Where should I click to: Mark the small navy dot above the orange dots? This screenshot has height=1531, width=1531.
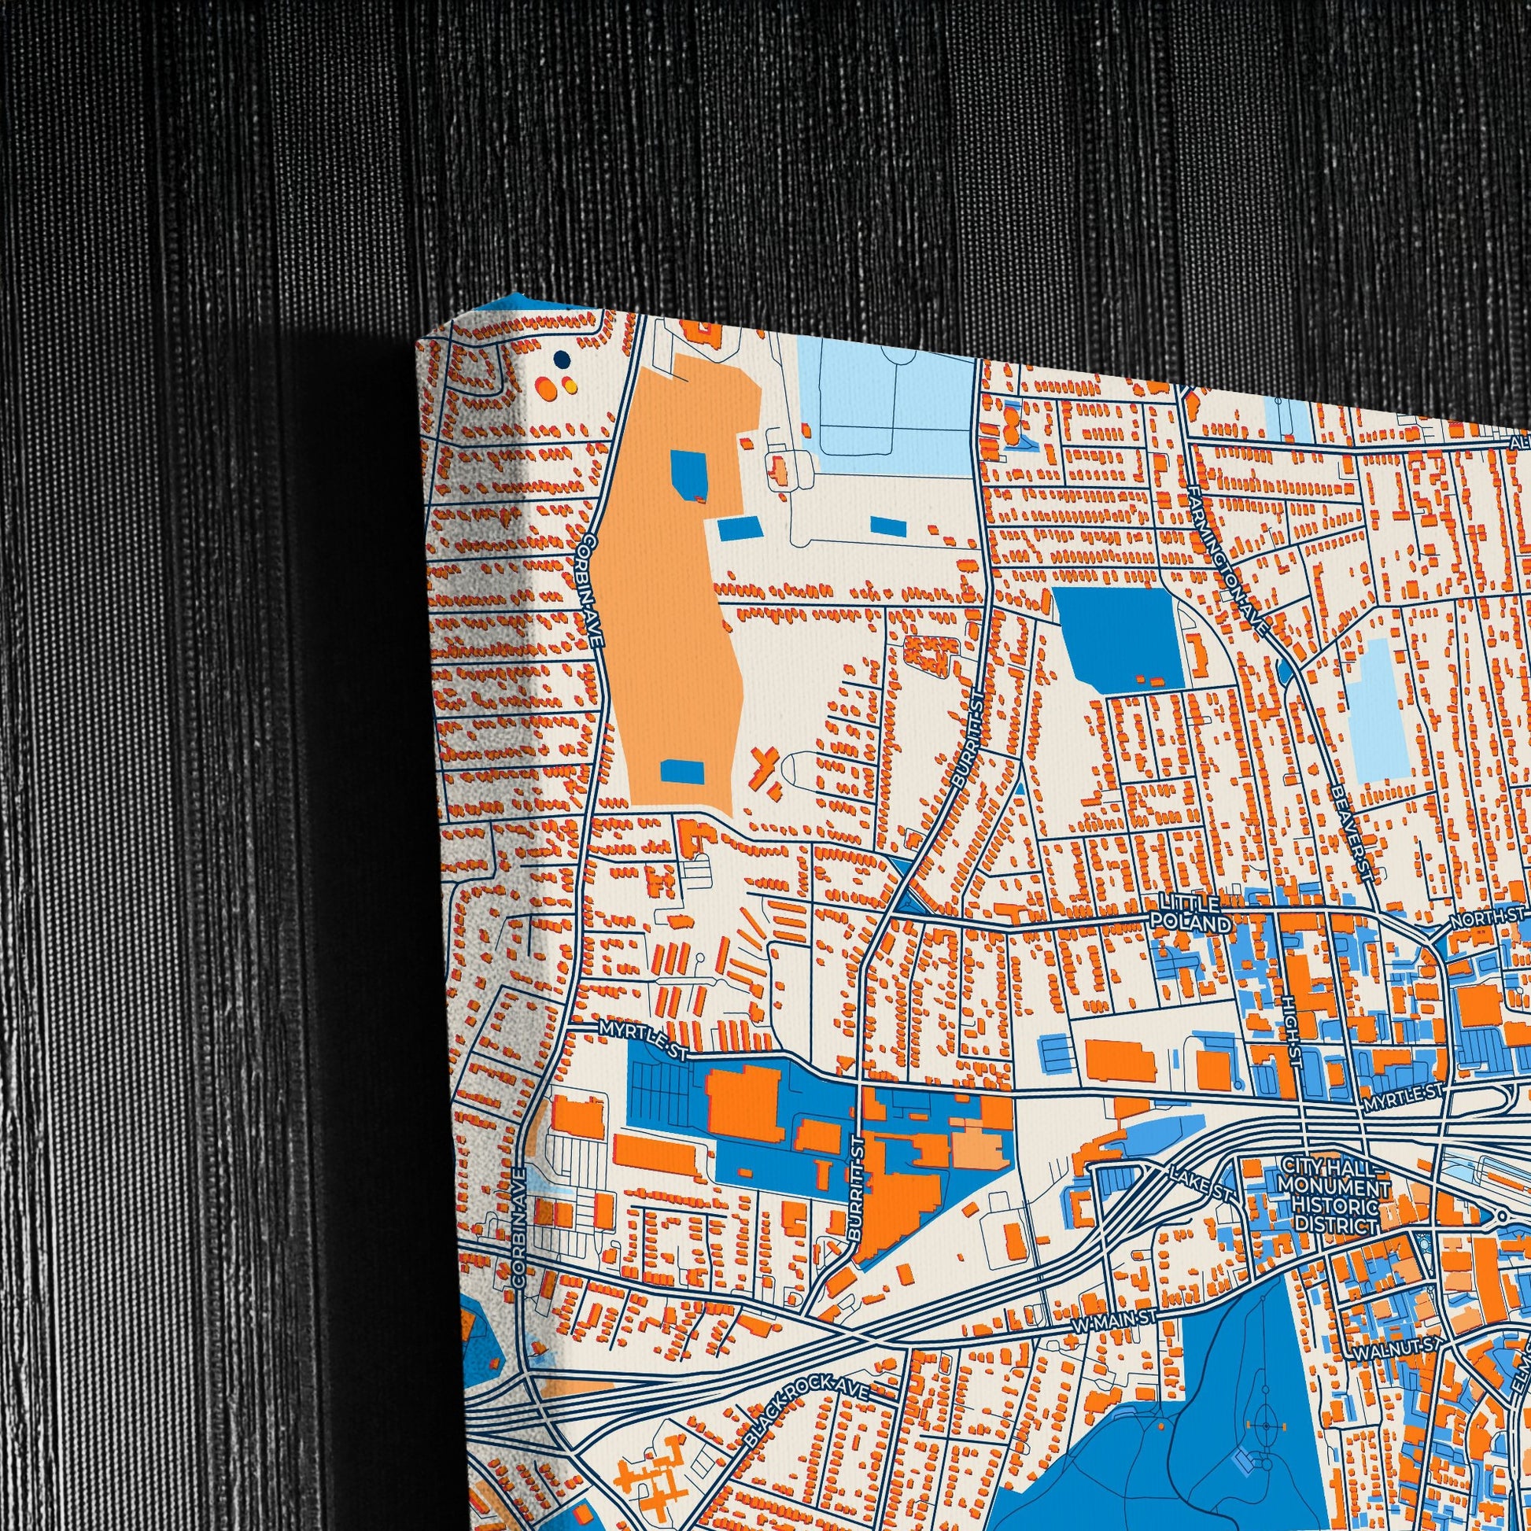tap(562, 360)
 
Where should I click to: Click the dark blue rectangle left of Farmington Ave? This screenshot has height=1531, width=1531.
tap(1118, 640)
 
